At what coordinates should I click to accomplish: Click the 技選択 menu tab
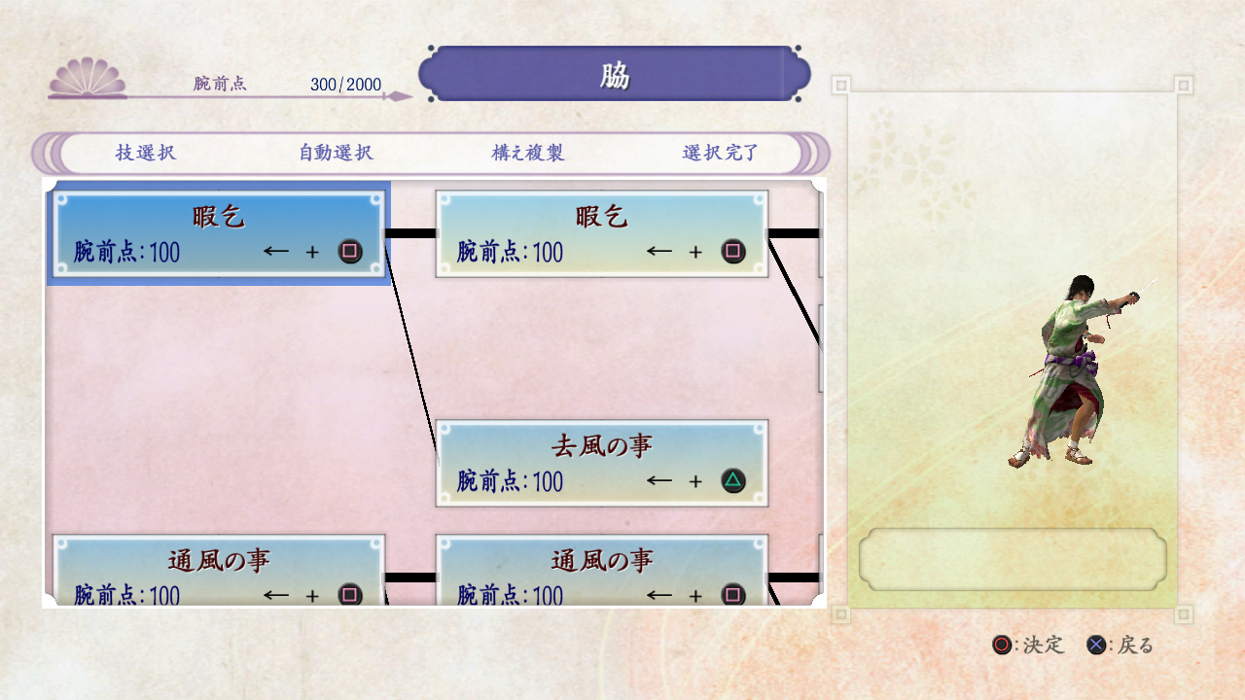click(x=146, y=153)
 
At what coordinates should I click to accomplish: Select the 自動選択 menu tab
click(x=336, y=153)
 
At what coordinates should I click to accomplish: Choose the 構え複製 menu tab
click(x=528, y=153)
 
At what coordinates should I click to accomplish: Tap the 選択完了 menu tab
click(x=721, y=153)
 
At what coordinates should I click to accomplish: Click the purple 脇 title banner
click(x=615, y=74)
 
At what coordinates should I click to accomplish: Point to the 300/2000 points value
click(x=345, y=85)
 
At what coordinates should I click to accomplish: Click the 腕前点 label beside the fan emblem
click(x=220, y=84)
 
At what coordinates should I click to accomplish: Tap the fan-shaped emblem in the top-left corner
click(x=88, y=78)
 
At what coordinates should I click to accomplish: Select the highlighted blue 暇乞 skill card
click(x=218, y=233)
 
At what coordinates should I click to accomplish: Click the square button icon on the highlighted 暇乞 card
click(x=350, y=252)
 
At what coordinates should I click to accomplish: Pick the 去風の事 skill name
click(x=602, y=446)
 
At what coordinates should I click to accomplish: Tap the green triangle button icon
click(x=733, y=480)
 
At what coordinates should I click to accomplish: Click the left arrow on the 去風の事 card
click(x=659, y=480)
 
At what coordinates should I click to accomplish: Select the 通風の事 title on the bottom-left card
click(x=219, y=560)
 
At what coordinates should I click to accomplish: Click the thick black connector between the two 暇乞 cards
click(x=409, y=233)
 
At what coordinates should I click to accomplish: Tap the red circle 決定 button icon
click(x=1002, y=645)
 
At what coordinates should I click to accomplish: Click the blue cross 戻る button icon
click(x=1096, y=645)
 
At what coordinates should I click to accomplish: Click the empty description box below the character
click(x=1013, y=559)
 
